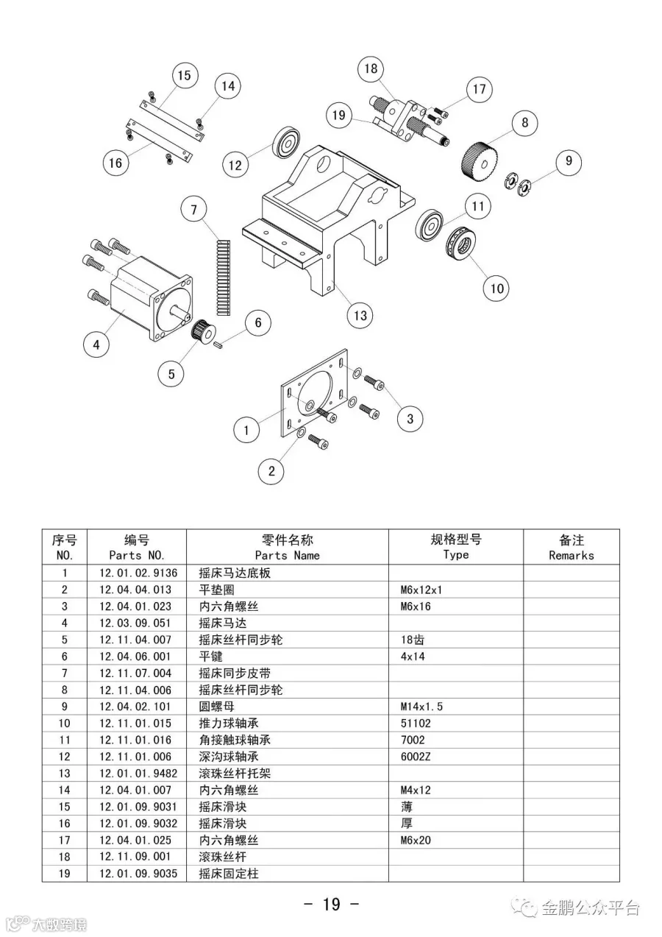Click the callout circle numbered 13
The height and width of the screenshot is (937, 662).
point(360,316)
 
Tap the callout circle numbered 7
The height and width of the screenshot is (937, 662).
point(194,210)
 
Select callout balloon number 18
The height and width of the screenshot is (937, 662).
point(371,69)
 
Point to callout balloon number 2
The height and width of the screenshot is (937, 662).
point(271,471)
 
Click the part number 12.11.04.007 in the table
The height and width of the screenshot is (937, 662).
point(135,640)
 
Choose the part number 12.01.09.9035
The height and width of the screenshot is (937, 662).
point(138,873)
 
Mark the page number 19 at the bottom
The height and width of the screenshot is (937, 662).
point(331,903)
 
